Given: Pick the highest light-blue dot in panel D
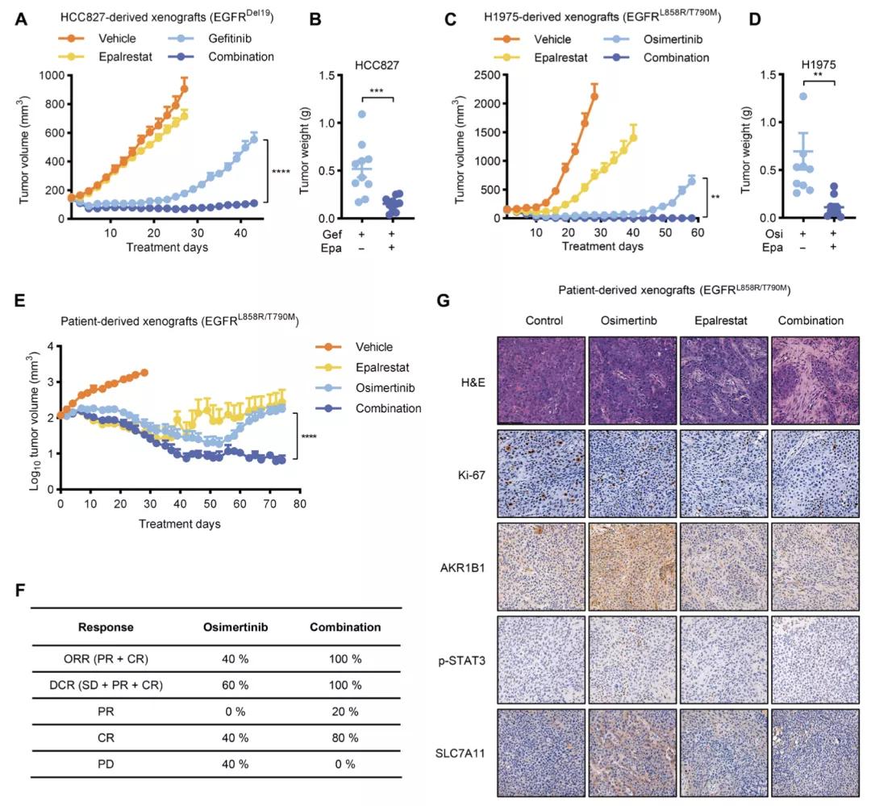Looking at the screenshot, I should pos(780,97).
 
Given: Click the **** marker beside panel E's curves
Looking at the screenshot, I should pos(309,438).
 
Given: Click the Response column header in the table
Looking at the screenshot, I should pos(106,627).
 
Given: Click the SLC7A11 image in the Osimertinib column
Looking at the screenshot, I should pos(631,750).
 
